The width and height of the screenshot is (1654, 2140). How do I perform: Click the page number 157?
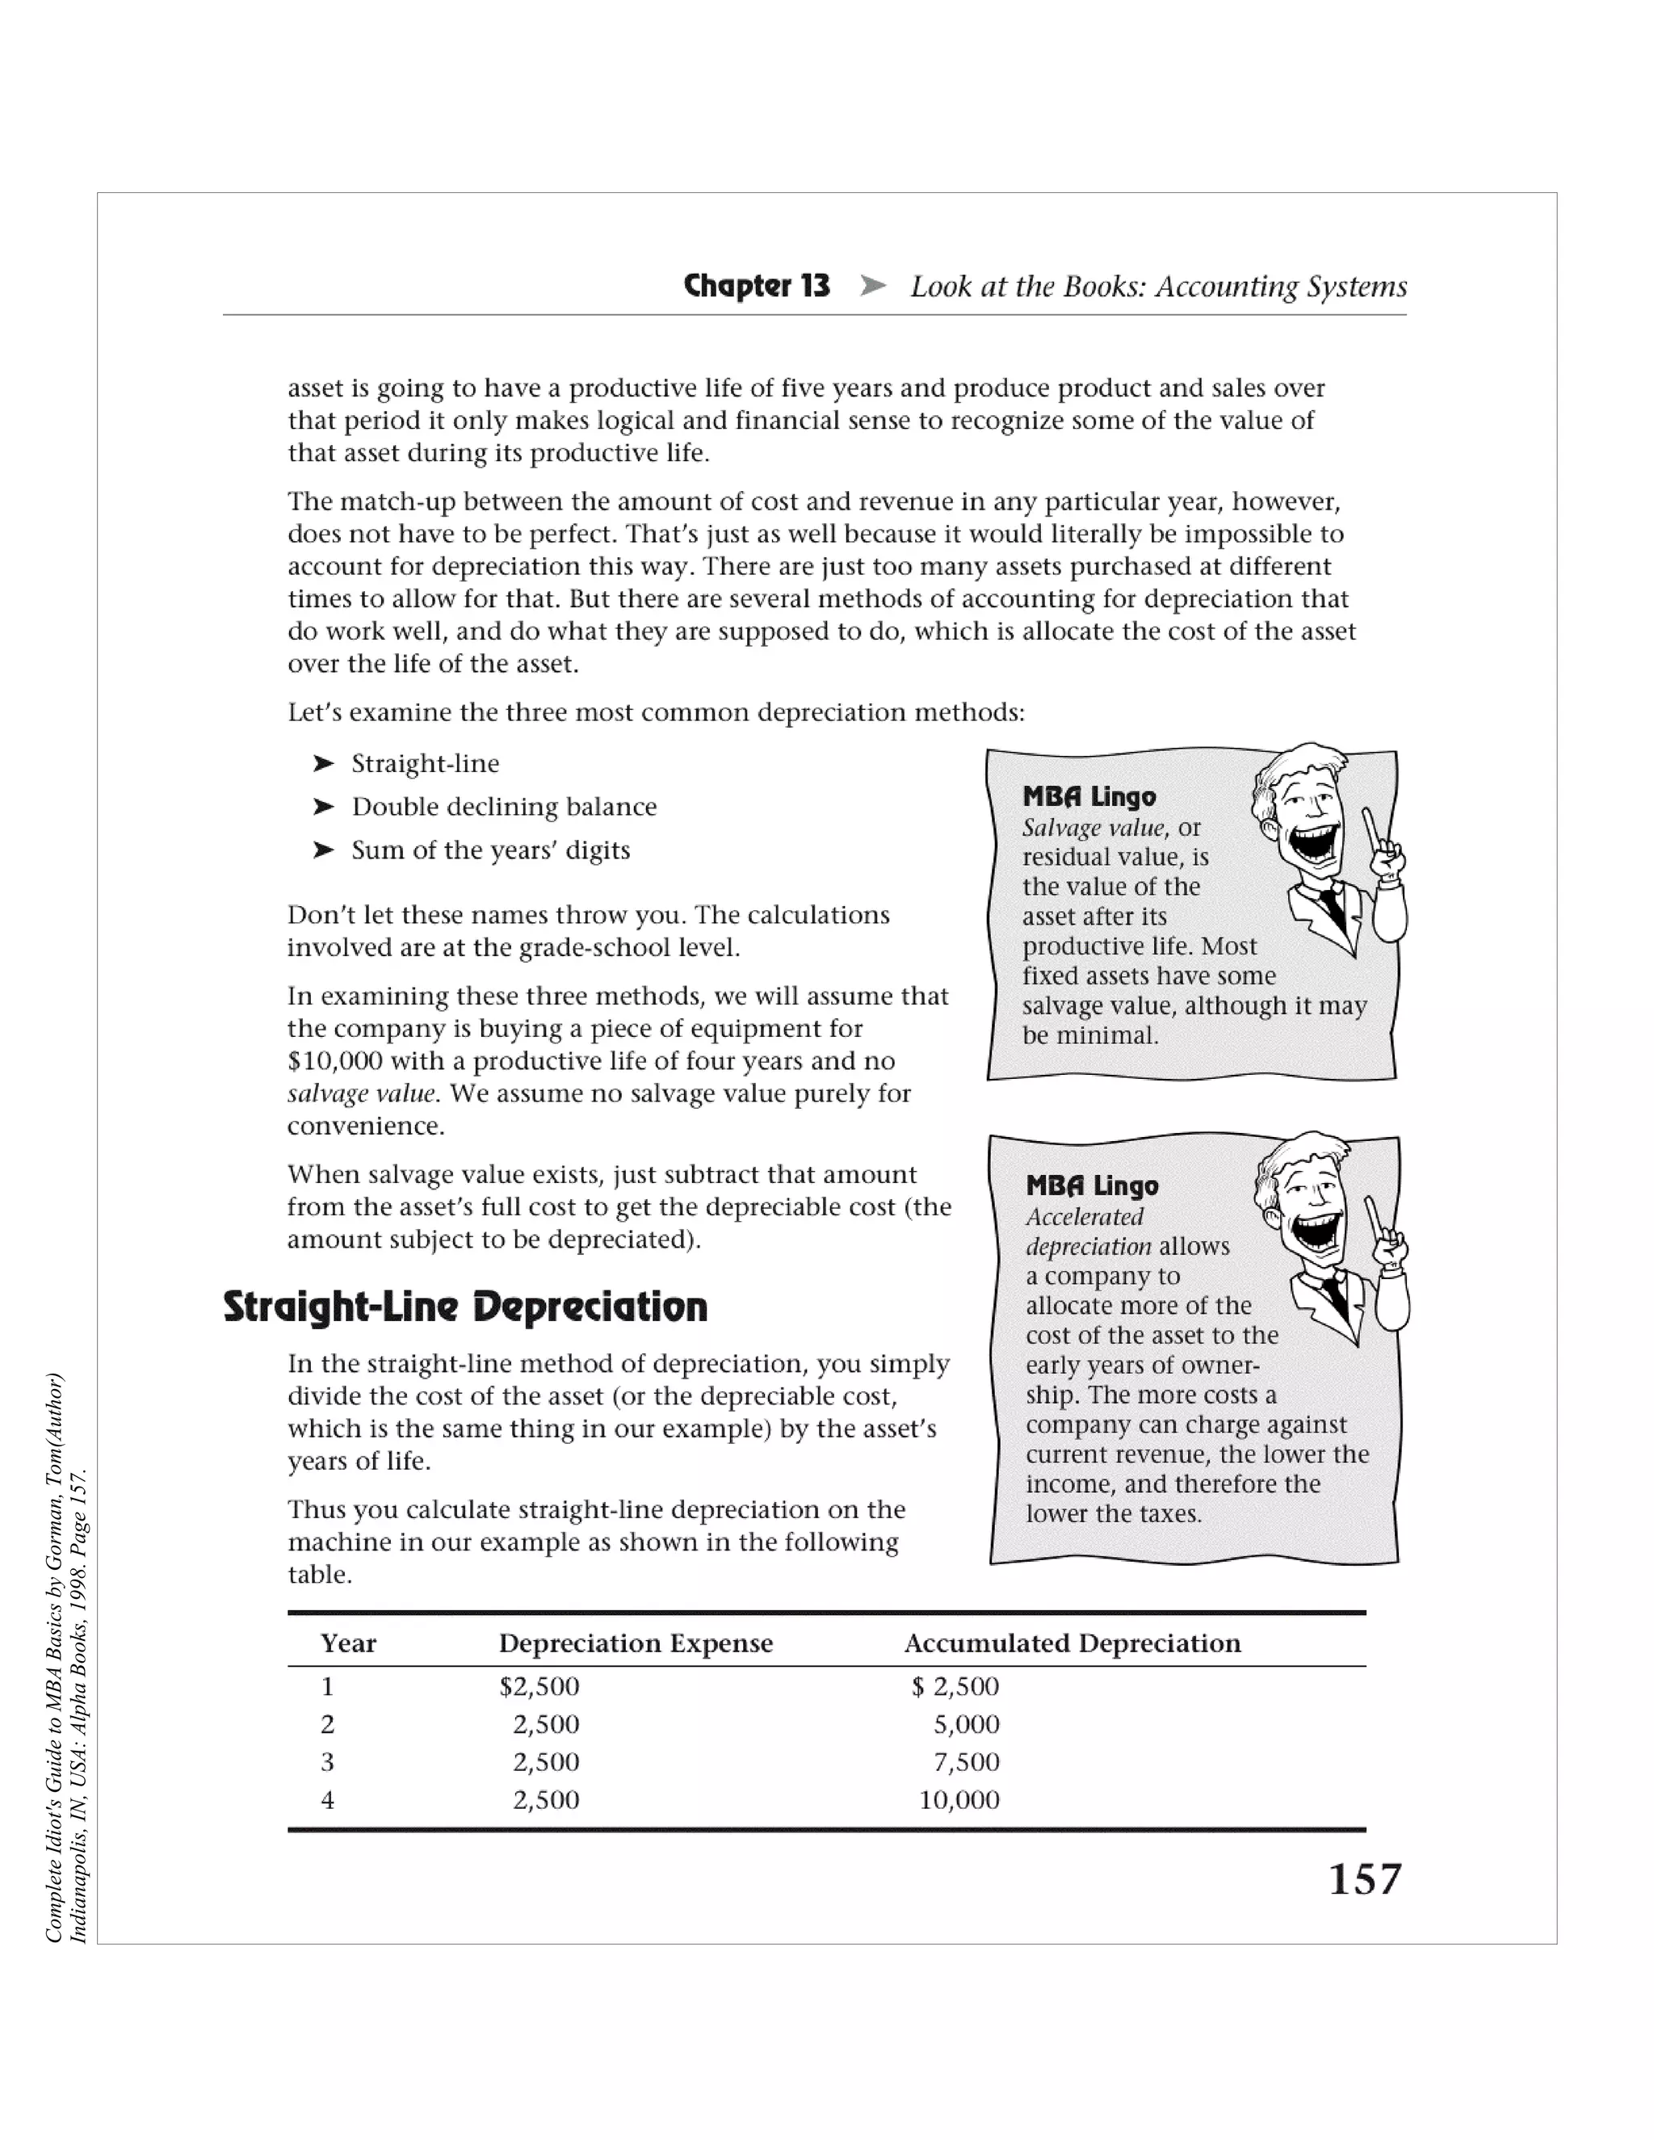[x=1364, y=1878]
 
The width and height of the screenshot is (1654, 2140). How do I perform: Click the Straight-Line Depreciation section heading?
[x=464, y=1307]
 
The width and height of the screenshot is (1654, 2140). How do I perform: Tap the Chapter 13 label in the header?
[x=757, y=286]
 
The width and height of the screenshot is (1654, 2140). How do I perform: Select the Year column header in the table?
[x=348, y=1643]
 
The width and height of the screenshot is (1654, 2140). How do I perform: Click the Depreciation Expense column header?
[x=635, y=1643]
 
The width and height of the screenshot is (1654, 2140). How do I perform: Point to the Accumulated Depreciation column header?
[x=1072, y=1643]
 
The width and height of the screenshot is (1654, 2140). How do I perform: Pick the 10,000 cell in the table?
[x=959, y=1800]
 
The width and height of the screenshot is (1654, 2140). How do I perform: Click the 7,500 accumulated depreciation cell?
[x=966, y=1762]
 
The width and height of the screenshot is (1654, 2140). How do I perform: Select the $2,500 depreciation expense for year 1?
[x=539, y=1686]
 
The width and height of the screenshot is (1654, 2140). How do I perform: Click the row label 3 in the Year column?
[x=327, y=1762]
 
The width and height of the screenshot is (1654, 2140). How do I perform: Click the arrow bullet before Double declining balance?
[x=323, y=807]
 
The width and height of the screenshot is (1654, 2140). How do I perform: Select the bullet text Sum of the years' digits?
[x=490, y=850]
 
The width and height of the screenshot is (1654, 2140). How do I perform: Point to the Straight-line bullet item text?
[x=426, y=763]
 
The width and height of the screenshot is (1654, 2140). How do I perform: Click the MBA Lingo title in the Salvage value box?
[x=1089, y=796]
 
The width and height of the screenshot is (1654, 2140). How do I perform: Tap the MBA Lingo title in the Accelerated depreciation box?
[x=1092, y=1185]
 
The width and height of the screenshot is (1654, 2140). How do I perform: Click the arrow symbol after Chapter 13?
[x=872, y=286]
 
